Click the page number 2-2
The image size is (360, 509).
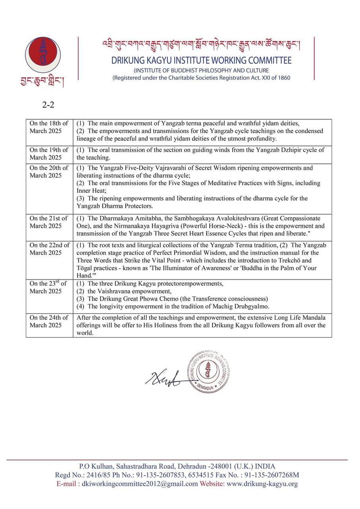tap(48, 105)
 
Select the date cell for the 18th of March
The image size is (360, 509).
tap(49, 127)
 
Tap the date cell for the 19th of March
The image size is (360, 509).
tap(49, 153)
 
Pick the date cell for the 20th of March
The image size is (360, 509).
tap(49, 172)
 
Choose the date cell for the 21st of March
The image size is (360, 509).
tap(49, 222)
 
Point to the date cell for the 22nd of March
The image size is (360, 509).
tap(49, 249)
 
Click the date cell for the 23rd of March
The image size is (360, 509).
tap(49, 287)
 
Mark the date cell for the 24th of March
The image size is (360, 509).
tap(49, 321)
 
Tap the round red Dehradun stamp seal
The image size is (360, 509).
tap(208, 371)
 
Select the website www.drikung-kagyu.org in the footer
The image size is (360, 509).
tap(262, 484)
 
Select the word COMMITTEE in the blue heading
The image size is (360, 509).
tap(270, 61)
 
